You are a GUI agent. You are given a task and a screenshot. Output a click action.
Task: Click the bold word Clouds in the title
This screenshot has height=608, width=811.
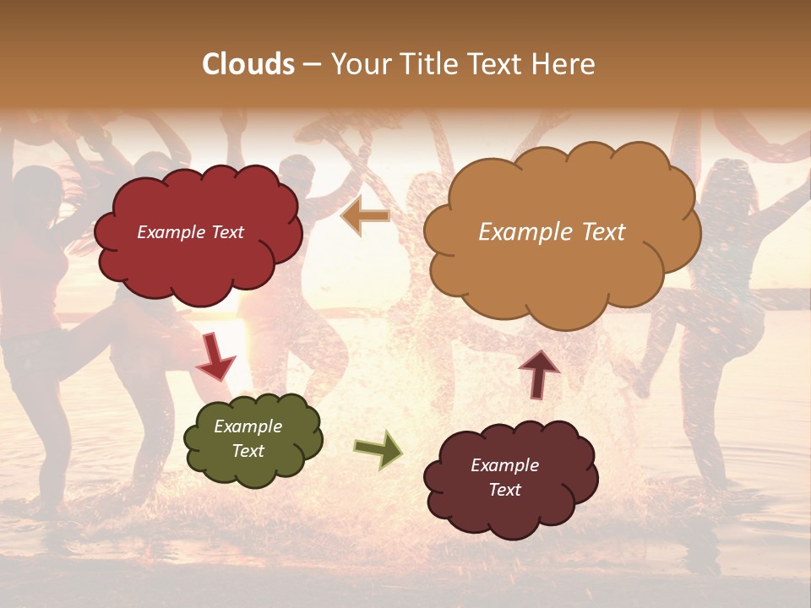pyautogui.click(x=248, y=64)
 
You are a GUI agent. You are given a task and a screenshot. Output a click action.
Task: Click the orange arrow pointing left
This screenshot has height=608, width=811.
pyautogui.click(x=365, y=216)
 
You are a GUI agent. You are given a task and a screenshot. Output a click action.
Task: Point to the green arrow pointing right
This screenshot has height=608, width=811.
pyautogui.click(x=378, y=449)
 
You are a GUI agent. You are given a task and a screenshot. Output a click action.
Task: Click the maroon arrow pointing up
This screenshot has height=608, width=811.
pyautogui.click(x=538, y=372)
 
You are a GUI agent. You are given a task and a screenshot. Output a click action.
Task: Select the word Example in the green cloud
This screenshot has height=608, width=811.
pyautogui.click(x=248, y=426)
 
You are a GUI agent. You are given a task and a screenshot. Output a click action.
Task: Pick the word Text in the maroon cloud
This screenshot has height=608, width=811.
pyautogui.click(x=505, y=490)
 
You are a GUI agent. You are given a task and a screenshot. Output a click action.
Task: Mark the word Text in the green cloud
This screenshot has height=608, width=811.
pyautogui.click(x=248, y=451)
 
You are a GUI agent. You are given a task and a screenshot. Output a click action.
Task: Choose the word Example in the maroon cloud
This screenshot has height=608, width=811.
pyautogui.click(x=505, y=465)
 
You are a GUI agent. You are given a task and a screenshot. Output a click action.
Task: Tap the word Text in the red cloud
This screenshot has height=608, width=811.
pyautogui.click(x=226, y=232)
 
